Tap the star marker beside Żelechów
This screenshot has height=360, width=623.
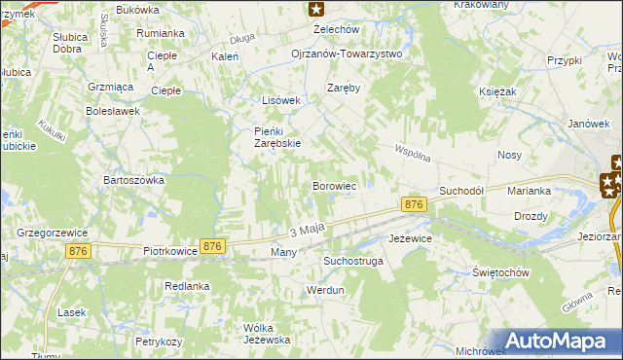click(x=316, y=10)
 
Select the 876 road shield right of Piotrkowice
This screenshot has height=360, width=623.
click(x=213, y=247)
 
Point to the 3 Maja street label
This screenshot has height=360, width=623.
click(x=306, y=230)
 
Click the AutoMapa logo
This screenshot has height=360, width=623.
click(x=561, y=341)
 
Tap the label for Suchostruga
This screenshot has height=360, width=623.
click(x=353, y=262)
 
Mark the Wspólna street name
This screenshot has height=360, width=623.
click(x=413, y=155)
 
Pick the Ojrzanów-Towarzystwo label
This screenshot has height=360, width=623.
click(x=347, y=54)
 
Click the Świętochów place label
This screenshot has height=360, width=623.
click(x=500, y=272)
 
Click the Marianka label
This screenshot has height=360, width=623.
click(x=530, y=192)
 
